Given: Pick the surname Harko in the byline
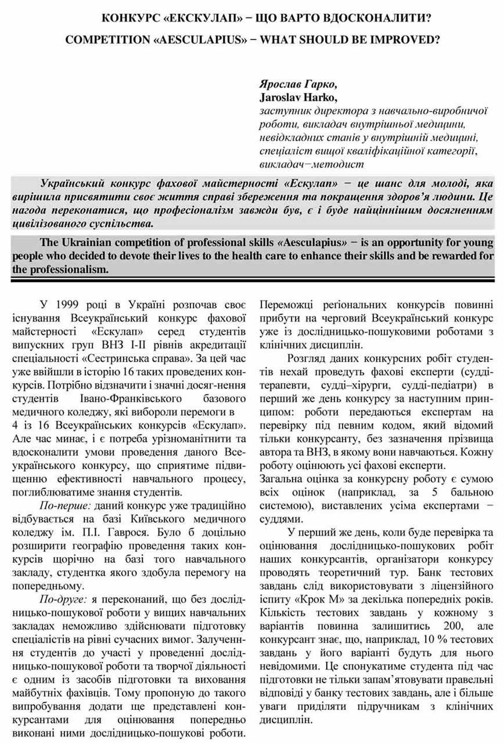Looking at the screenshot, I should click(x=322, y=96).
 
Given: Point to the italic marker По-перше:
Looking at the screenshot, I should click(x=60, y=505).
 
